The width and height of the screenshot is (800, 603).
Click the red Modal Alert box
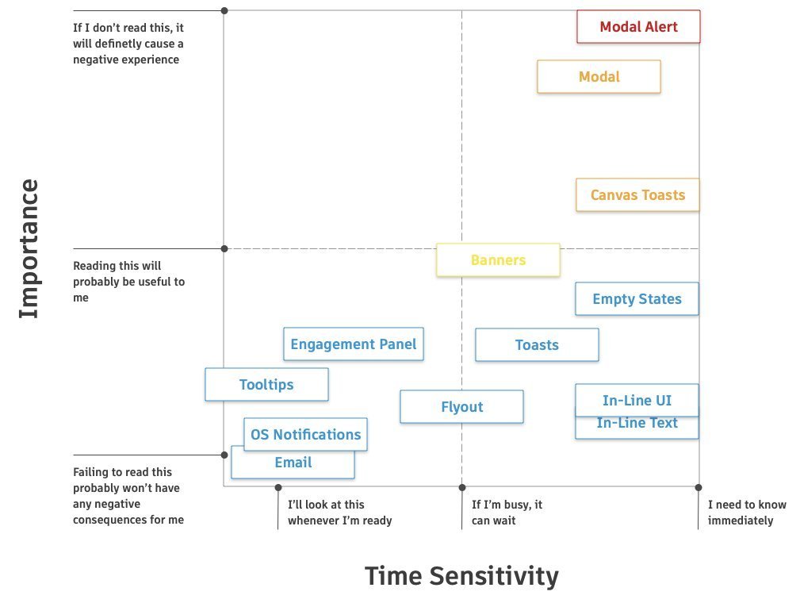tap(638, 26)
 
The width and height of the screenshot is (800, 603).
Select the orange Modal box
tap(599, 77)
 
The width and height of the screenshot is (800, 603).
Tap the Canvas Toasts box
tap(637, 194)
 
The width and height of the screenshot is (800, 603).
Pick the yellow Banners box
tap(498, 260)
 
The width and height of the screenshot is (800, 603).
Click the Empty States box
tap(637, 299)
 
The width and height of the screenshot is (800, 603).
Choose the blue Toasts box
tap(537, 345)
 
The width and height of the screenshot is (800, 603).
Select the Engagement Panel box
tap(353, 344)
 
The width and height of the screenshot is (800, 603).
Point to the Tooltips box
tap(266, 385)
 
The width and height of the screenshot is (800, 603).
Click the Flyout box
tap(461, 407)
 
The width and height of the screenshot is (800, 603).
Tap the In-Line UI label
tap(637, 400)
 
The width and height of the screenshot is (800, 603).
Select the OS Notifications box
tap(305, 434)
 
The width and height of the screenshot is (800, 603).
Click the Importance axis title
tap(29, 248)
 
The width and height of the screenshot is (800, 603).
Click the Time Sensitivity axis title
tap(461, 575)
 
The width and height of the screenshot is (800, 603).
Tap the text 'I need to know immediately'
tap(746, 513)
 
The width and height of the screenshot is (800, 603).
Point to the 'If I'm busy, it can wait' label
tap(507, 513)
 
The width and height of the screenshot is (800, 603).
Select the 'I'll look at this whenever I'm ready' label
tap(339, 513)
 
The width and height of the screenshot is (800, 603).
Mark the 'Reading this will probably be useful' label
tap(128, 282)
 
